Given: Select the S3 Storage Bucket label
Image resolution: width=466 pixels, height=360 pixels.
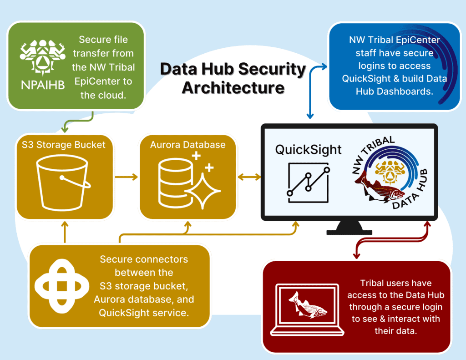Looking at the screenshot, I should pos(64,145).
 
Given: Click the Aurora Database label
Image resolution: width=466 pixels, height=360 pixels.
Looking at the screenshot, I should pos(188,145).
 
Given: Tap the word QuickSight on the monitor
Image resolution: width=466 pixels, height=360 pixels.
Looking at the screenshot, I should pos(308,150).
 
